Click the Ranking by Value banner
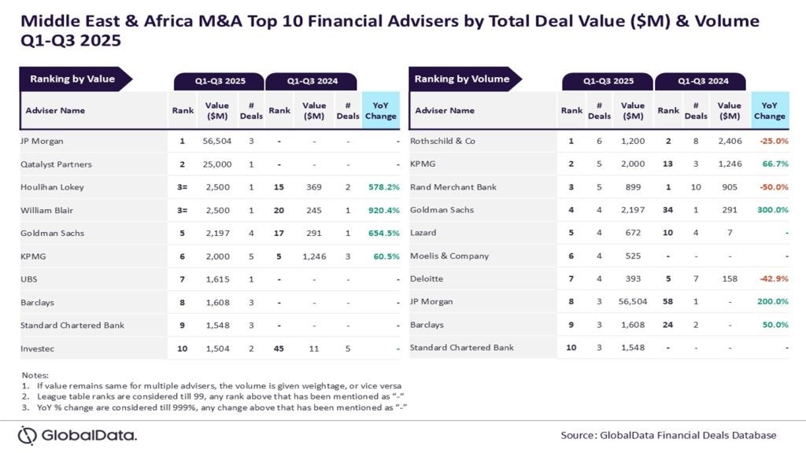[72, 79]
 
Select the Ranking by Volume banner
[462, 79]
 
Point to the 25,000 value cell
[217, 164]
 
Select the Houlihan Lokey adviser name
[52, 187]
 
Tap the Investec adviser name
[38, 348]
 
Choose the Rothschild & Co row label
[443, 142]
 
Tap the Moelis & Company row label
[449, 256]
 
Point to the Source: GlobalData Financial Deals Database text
[668, 435]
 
